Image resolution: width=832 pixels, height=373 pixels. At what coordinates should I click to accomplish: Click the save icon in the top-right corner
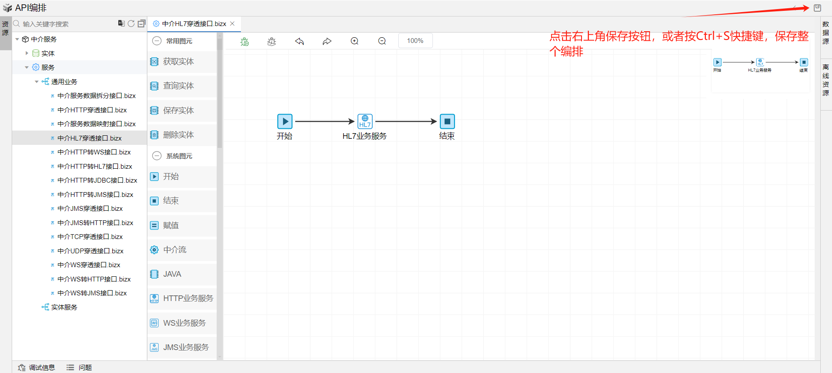pyautogui.click(x=817, y=8)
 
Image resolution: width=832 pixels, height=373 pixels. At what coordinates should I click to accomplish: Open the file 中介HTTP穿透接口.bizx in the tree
pyautogui.click(x=92, y=110)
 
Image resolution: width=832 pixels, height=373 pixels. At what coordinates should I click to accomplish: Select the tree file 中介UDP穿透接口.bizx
pyautogui.click(x=90, y=251)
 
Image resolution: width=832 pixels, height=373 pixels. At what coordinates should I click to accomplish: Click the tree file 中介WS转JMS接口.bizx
pyautogui.click(x=92, y=293)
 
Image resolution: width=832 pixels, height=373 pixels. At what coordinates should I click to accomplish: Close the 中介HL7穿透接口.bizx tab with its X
pyautogui.click(x=232, y=23)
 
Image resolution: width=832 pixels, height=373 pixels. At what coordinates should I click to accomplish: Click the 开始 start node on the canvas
pyautogui.click(x=285, y=121)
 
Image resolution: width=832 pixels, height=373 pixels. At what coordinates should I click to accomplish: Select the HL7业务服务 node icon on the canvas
pyautogui.click(x=365, y=121)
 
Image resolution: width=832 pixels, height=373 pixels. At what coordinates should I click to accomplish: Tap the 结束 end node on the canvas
pyautogui.click(x=447, y=121)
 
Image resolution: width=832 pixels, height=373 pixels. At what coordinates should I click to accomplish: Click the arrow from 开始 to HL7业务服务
pyautogui.click(x=325, y=121)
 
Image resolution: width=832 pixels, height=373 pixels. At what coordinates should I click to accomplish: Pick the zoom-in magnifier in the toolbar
pyautogui.click(x=354, y=41)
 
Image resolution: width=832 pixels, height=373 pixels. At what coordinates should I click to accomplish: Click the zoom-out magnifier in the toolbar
pyautogui.click(x=382, y=41)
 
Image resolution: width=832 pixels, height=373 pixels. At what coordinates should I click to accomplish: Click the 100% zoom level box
pyautogui.click(x=415, y=41)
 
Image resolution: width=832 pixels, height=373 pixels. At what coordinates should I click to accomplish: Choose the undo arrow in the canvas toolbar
pyautogui.click(x=299, y=41)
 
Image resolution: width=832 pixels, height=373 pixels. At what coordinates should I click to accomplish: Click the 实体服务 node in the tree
pyautogui.click(x=64, y=308)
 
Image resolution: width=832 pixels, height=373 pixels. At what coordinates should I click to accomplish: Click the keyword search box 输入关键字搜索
pyautogui.click(x=65, y=24)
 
